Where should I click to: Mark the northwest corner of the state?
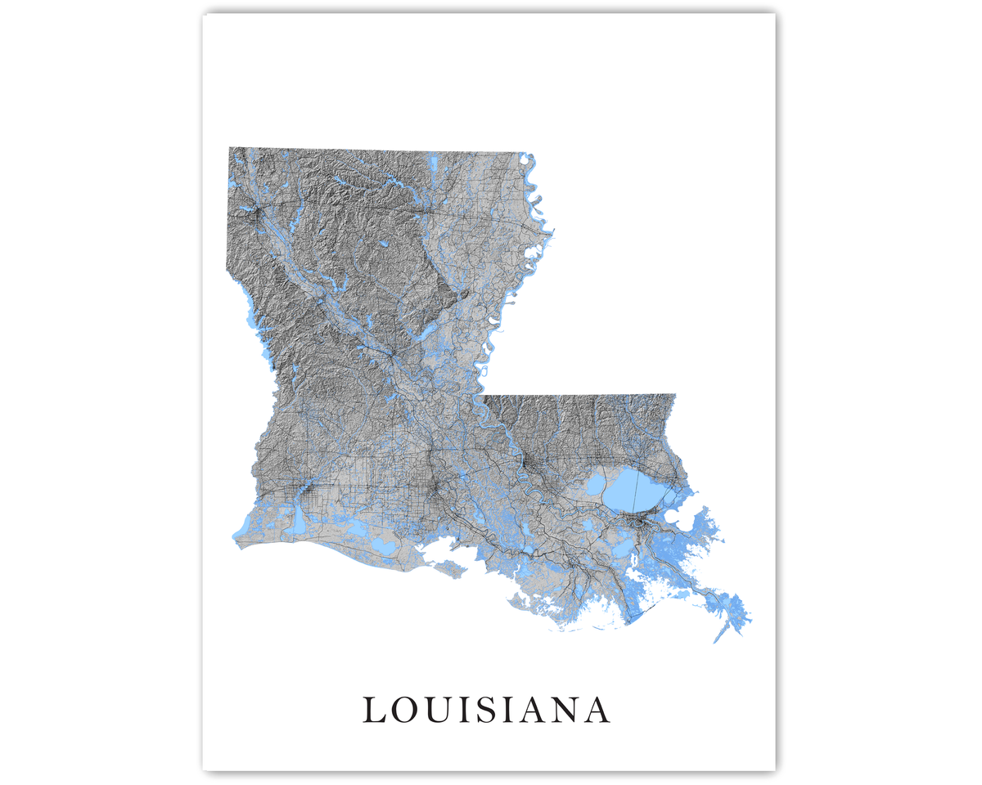point(230,148)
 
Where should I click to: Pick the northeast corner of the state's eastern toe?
point(674,395)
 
